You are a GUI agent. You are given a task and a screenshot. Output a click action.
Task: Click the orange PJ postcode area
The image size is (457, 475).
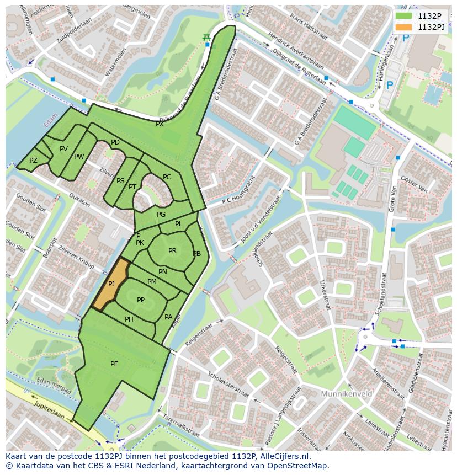[x=111, y=284]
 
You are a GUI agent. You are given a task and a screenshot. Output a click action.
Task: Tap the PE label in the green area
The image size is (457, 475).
[x=114, y=364]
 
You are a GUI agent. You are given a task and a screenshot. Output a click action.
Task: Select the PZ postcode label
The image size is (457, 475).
[x=33, y=161]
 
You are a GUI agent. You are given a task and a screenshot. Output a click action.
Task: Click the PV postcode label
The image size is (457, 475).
[x=63, y=149]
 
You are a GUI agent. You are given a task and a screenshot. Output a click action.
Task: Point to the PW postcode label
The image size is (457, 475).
[x=79, y=157]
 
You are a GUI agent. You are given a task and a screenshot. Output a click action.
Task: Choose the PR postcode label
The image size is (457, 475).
[x=172, y=251]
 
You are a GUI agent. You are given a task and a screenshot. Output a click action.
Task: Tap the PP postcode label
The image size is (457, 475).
[x=141, y=300]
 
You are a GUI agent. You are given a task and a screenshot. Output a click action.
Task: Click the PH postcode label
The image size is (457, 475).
[x=129, y=319]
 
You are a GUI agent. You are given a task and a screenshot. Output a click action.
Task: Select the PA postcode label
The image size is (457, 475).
[x=168, y=317]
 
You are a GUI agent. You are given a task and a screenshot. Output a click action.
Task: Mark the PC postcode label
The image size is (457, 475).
[x=167, y=177]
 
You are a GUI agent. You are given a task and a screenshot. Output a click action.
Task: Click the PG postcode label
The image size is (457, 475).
[x=161, y=215]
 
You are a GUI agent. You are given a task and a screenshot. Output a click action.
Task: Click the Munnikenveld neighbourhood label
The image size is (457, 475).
[x=346, y=394]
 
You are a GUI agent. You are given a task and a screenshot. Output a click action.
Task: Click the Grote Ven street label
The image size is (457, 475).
[x=394, y=198]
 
